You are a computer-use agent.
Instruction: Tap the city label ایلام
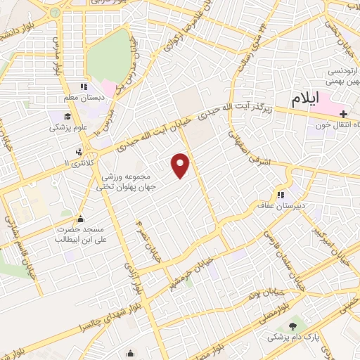point(313,97)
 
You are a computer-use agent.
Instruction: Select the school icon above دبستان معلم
point(84,86)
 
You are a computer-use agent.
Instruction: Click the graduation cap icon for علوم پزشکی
point(65,116)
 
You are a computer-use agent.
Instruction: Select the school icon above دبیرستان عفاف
point(281,195)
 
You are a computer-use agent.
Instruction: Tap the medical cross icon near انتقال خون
point(343,115)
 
